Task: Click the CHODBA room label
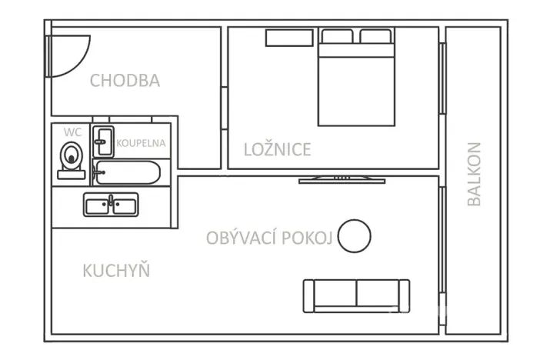[x=125, y=81]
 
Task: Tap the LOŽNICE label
[x=278, y=149]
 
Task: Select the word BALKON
[x=474, y=174]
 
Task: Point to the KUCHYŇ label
[x=116, y=271]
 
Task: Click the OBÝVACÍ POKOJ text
[x=269, y=238]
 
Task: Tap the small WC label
[x=71, y=132]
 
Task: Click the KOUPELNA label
[x=141, y=143]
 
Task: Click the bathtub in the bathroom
[x=126, y=172]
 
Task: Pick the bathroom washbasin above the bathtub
[x=103, y=141]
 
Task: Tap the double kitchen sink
[x=111, y=205]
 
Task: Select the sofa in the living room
[x=356, y=295]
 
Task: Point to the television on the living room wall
[x=342, y=180]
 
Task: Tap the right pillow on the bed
[x=375, y=36]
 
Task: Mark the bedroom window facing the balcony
[x=442, y=78]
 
